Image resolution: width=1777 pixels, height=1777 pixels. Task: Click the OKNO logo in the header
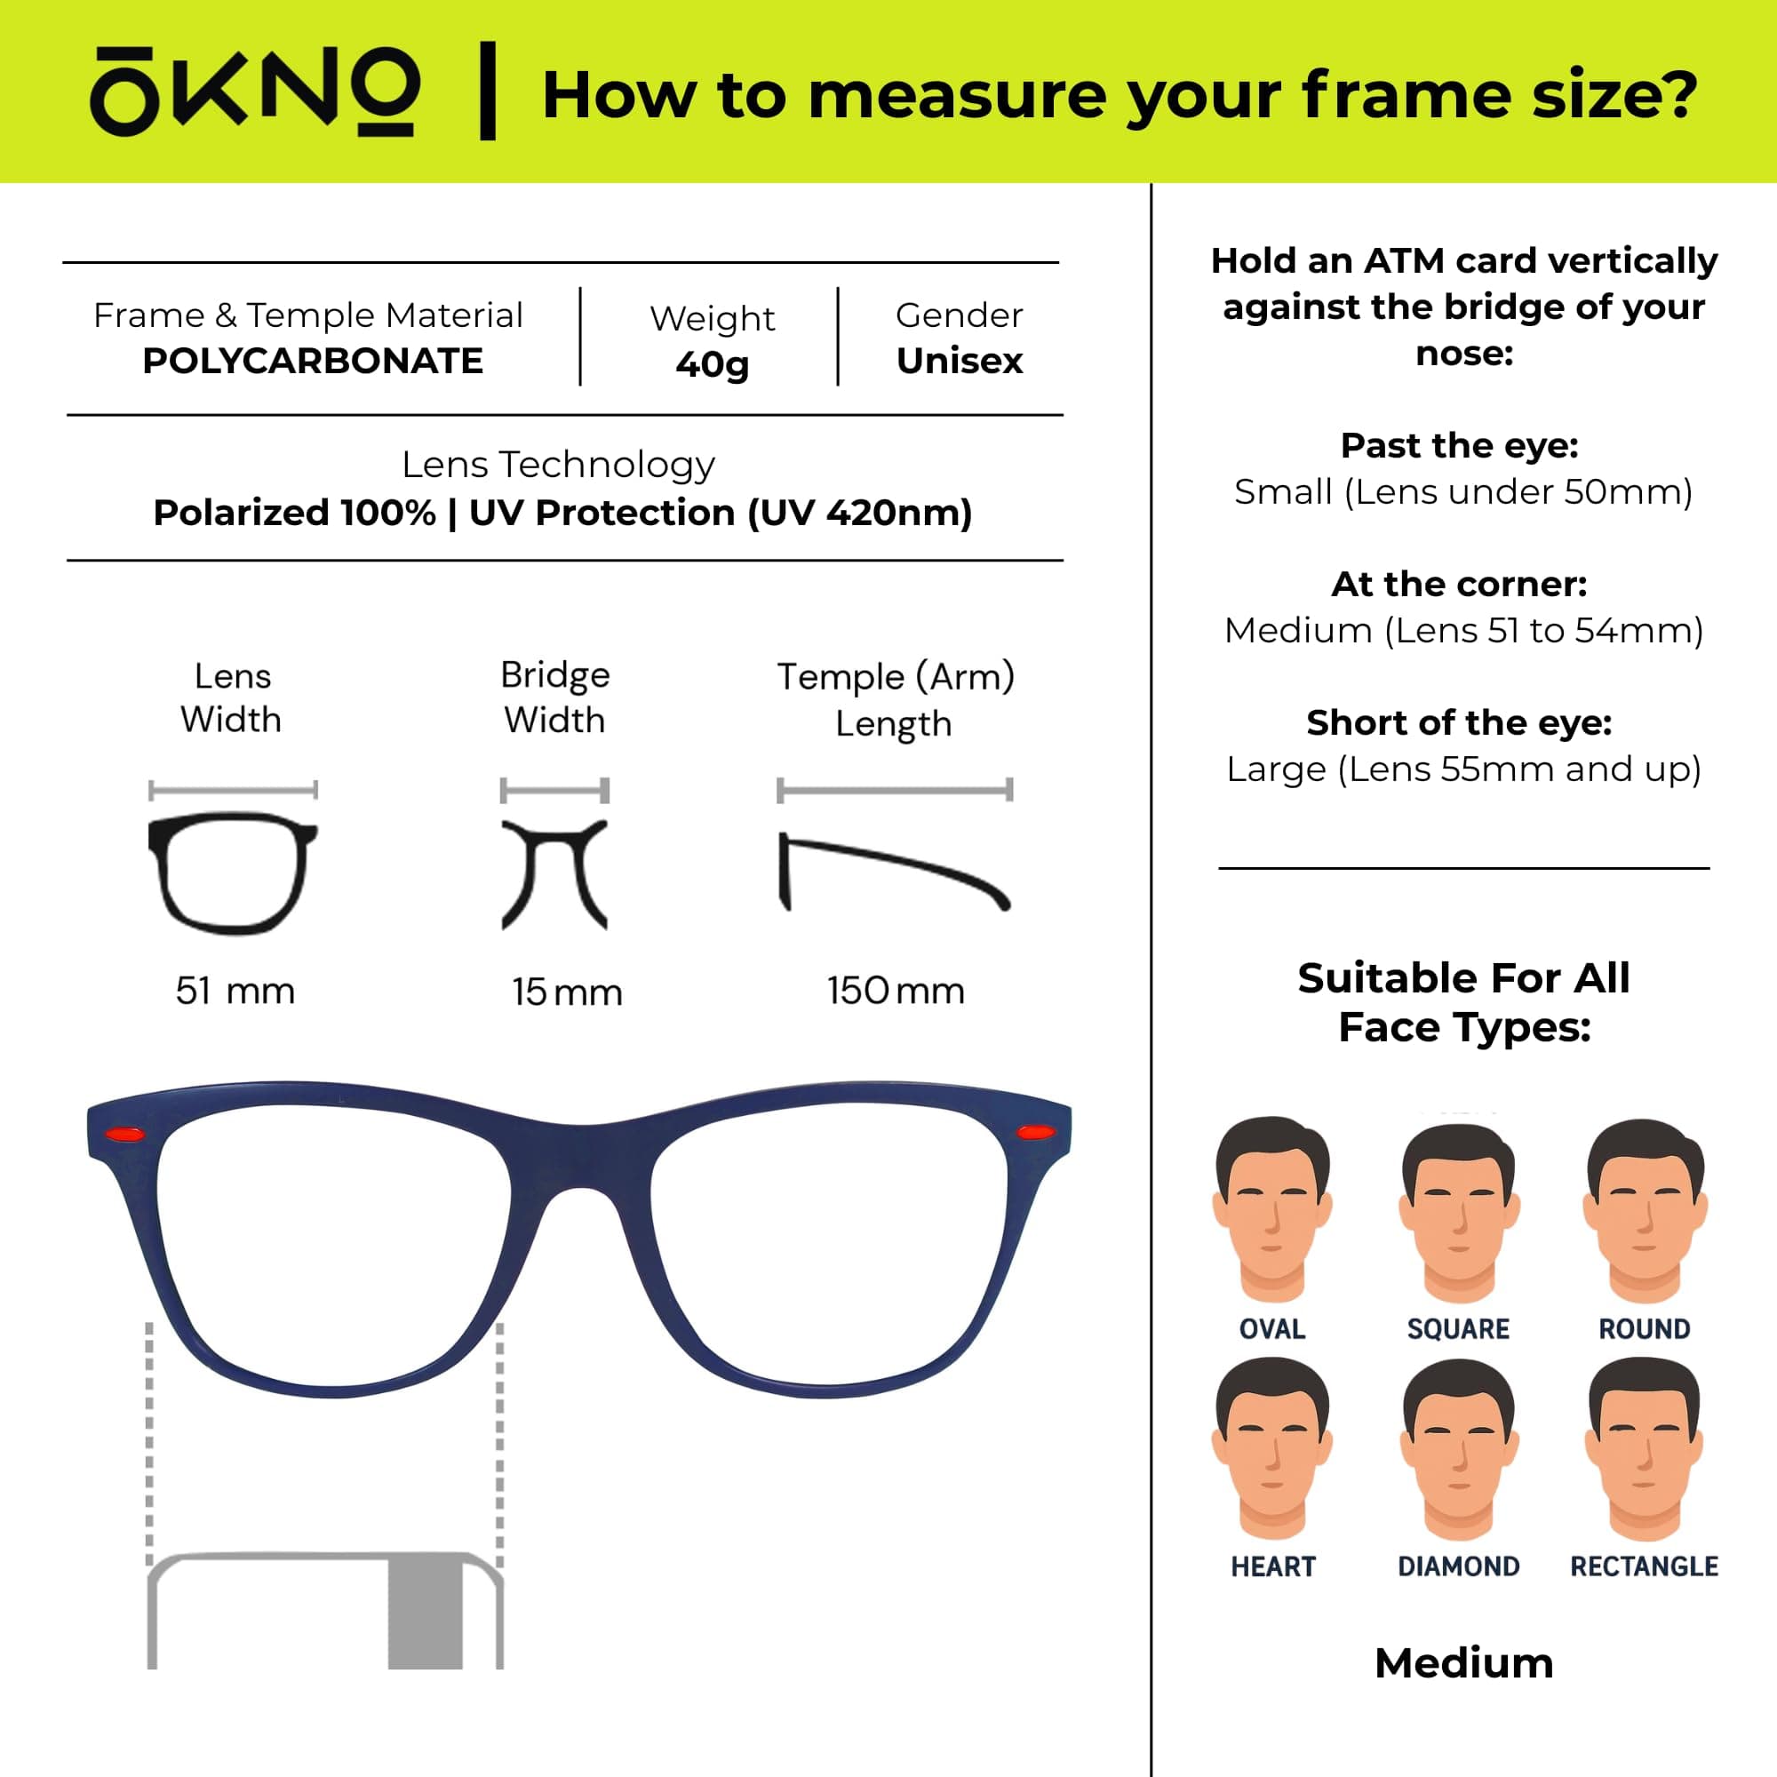pos(255,92)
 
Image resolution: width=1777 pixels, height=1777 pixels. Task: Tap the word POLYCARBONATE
pos(313,362)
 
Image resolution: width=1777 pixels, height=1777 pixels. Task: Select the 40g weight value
pos(712,365)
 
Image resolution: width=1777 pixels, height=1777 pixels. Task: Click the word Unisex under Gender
pos(960,362)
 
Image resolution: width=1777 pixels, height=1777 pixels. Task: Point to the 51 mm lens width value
pos(235,992)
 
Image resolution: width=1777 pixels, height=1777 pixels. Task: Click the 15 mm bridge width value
pos(568,992)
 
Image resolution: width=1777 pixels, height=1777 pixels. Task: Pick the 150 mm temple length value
pos(895,992)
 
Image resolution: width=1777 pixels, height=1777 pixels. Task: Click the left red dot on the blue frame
pos(125,1134)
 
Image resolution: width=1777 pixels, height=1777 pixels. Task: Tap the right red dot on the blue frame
pos(1035,1131)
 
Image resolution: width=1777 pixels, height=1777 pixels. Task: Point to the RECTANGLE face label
pos(1645,1566)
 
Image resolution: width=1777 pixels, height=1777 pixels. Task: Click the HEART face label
pos(1273,1566)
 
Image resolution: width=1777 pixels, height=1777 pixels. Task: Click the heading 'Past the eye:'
pos(1460,446)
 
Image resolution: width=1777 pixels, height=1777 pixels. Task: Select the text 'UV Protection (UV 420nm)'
pos(721,514)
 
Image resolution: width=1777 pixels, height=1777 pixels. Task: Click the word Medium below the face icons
pos(1464,1663)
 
